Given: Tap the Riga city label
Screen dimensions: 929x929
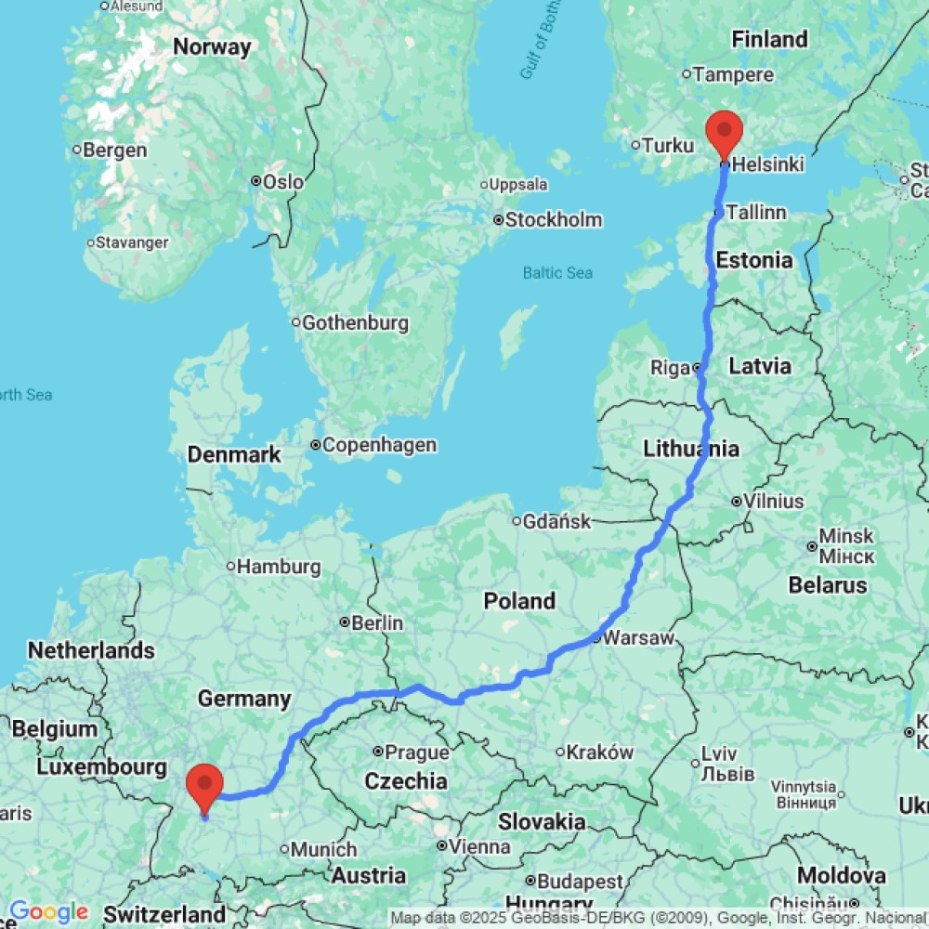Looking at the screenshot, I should point(670,368).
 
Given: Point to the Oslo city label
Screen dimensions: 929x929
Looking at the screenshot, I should point(282,181).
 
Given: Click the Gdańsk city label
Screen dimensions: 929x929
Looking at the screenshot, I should point(557,521).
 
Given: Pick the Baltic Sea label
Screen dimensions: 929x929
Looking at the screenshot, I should point(557,273).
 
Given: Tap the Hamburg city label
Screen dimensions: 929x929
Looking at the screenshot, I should point(280,566).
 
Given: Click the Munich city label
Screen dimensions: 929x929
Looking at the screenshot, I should point(324,849).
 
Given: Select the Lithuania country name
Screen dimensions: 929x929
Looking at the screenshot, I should point(691,450).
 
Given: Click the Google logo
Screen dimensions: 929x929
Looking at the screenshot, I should point(48,912).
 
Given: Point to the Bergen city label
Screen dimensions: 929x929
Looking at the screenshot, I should point(116,150).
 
